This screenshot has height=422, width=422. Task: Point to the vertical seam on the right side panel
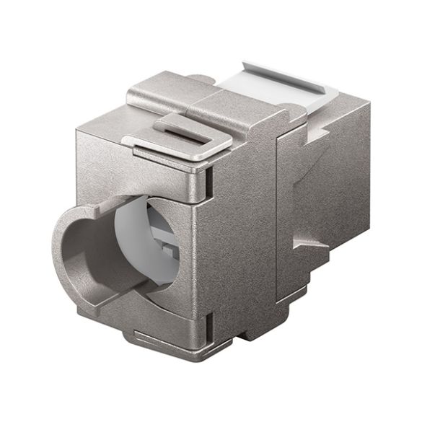click(278, 216)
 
